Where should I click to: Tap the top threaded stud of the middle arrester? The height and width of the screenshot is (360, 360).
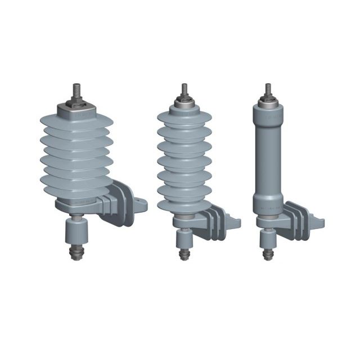pos(184,89)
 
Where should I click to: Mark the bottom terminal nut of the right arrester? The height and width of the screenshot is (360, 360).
pos(269,254)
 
